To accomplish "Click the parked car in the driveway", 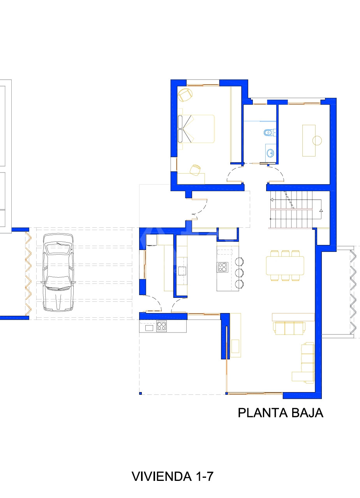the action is coord(58,272).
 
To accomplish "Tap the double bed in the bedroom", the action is coord(196,129).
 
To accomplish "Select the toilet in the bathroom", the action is coord(270,133).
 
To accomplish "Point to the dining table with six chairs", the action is coord(285,266).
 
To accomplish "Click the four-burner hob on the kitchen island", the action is coord(222,267).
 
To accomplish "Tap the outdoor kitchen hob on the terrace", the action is coord(161,326).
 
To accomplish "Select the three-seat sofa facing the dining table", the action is coord(289,328).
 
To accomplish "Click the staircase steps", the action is coord(291,209).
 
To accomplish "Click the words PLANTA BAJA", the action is coord(281,413).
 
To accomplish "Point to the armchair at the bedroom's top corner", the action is coord(185,95).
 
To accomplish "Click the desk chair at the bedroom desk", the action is coord(195,170).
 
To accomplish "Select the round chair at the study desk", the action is coord(317,141).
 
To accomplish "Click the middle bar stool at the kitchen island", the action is coord(239,273).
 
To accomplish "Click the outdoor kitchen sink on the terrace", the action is coord(149,328).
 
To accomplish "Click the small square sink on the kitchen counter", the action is coord(182,271).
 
